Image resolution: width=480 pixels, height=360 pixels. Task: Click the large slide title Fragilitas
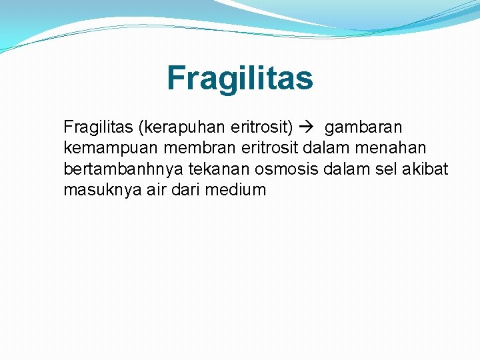(239, 78)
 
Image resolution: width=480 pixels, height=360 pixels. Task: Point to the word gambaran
(363, 127)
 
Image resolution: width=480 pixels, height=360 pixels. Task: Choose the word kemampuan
(102, 147)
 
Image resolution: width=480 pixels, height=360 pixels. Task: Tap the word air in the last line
(148, 190)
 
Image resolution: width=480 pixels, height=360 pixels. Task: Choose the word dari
(182, 190)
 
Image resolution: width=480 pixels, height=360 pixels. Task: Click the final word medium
(236, 190)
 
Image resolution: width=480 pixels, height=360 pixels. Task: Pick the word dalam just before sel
(341, 169)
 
